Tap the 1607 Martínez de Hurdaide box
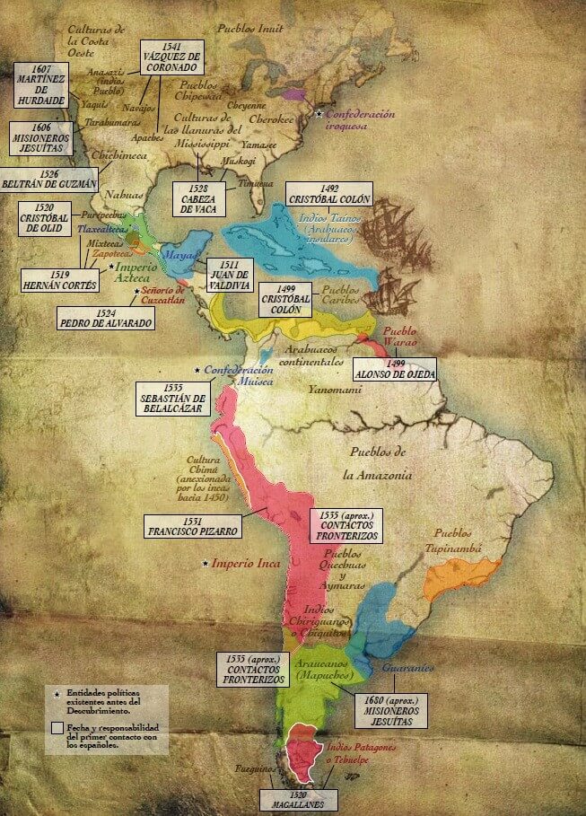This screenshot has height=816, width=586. (43, 83)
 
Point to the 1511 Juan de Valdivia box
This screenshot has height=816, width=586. (230, 274)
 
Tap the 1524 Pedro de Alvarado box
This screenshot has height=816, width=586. (105, 316)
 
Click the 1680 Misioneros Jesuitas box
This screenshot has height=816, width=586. (390, 707)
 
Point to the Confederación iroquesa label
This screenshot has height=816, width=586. (358, 121)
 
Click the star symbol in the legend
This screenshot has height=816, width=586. (56, 694)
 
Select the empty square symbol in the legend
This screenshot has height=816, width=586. (56, 727)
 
